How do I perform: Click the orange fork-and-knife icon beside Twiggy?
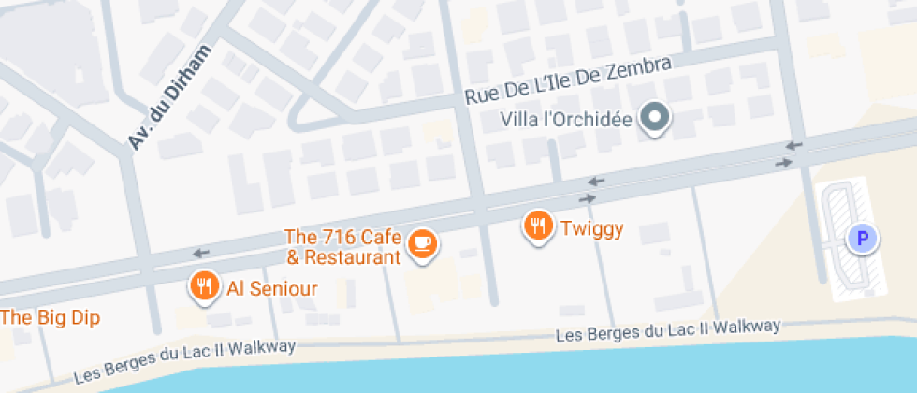point(538,226)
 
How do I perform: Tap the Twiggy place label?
point(591,227)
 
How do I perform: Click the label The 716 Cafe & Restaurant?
point(342,246)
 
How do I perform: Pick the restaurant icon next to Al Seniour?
point(204,287)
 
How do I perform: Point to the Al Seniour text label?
point(272,289)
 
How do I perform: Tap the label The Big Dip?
point(49,317)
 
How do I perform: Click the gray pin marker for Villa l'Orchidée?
point(655,118)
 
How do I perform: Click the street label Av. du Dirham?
point(169,97)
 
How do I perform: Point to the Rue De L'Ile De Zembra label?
point(568,81)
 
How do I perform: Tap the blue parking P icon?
point(861,239)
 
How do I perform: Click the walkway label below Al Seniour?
point(185,361)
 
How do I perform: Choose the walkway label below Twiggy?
point(668,330)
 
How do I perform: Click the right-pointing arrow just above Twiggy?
point(588,198)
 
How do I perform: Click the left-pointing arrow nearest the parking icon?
point(793,145)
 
